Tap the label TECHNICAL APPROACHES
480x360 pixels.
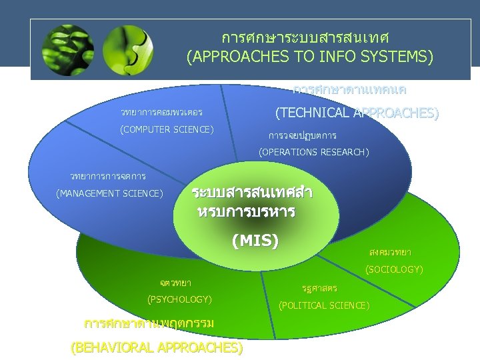pyautogui.click(x=357, y=113)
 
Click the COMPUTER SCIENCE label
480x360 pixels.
pyautogui.click(x=167, y=129)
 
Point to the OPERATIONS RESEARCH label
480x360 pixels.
pyautogui.click(x=314, y=153)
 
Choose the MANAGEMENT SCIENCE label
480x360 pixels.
pyautogui.click(x=109, y=194)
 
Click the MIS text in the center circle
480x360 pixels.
pyautogui.click(x=255, y=241)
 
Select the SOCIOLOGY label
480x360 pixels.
pyautogui.click(x=394, y=269)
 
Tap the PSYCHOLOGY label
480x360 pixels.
pyautogui.click(x=179, y=298)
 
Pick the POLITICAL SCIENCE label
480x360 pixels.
pyautogui.click(x=324, y=305)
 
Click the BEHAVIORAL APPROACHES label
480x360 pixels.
pyautogui.click(x=157, y=347)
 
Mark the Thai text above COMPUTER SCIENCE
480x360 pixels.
pyautogui.click(x=161, y=112)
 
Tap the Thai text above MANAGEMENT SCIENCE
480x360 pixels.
pyautogui.click(x=108, y=177)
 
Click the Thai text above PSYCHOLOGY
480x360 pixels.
pyautogui.click(x=171, y=283)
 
